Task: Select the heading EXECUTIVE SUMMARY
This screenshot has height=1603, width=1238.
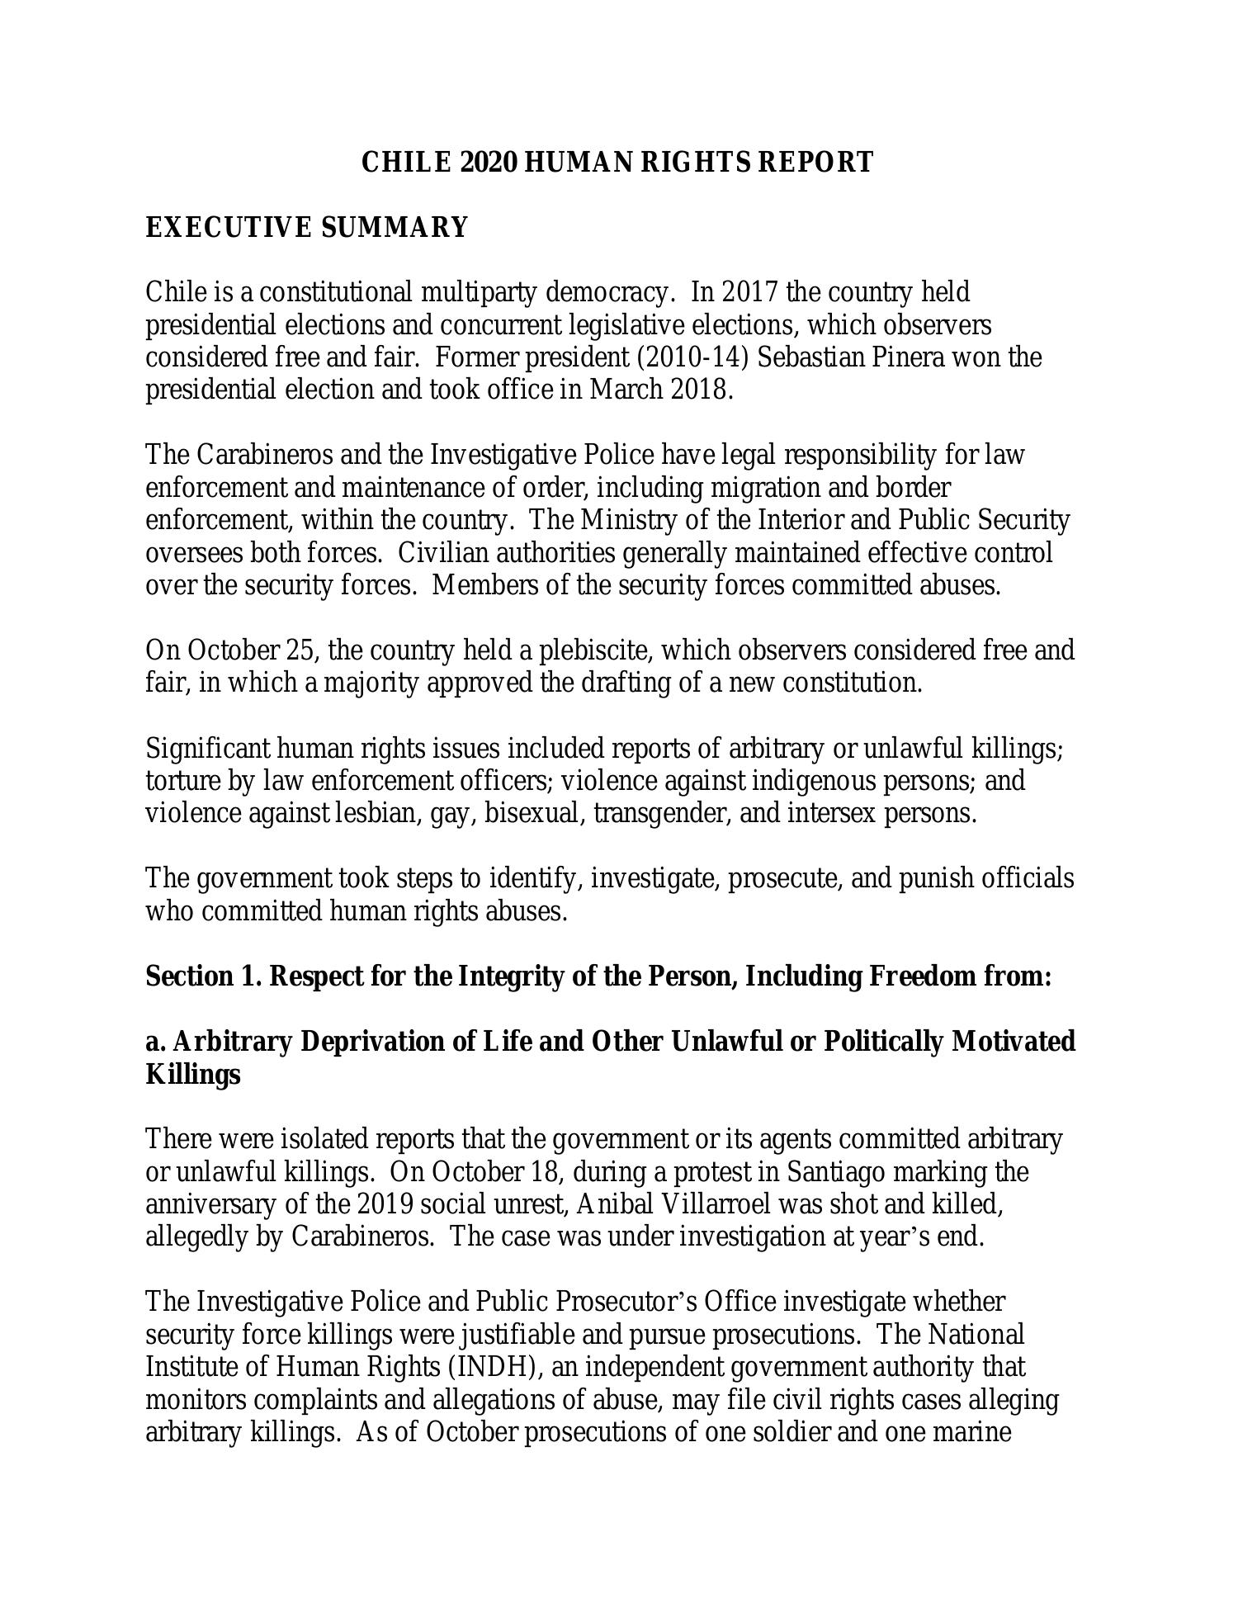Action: point(306,227)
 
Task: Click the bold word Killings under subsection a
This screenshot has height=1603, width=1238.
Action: point(192,1075)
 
